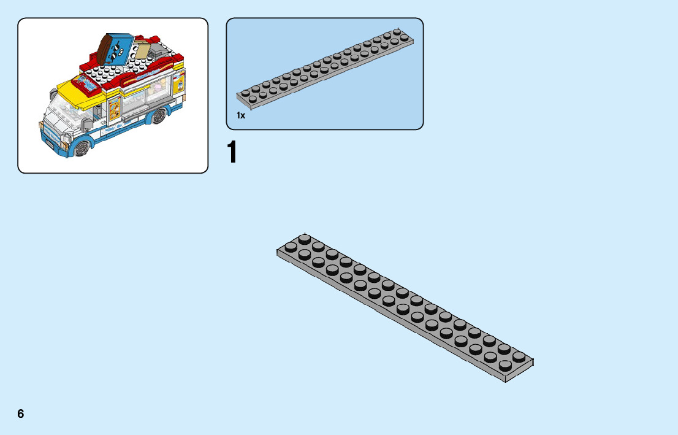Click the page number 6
tap(21, 414)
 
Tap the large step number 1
tap(232, 153)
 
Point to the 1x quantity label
tap(241, 115)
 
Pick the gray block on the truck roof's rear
tap(160, 45)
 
